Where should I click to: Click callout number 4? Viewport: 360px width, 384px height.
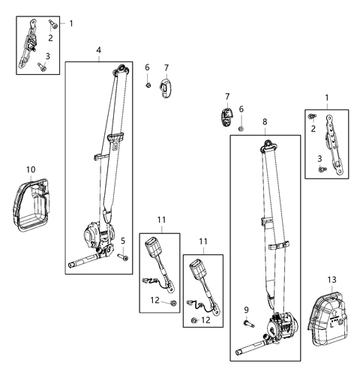[98, 51]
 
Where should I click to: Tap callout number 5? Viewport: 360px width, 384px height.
[123, 240]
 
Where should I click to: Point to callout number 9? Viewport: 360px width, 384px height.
[245, 309]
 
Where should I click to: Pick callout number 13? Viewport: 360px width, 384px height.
[331, 280]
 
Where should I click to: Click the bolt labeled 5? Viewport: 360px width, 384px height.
[124, 257]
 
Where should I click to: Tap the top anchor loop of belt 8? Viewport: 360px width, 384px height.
[264, 145]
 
